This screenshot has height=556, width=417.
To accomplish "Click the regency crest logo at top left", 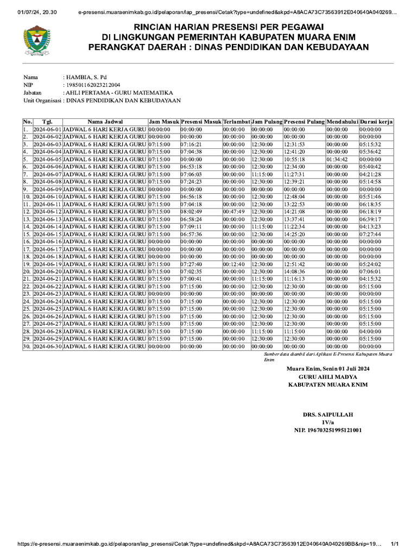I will click(x=37, y=41).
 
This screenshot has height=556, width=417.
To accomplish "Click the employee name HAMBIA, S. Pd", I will click(x=86, y=77).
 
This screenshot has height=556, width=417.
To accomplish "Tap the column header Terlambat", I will click(x=236, y=122).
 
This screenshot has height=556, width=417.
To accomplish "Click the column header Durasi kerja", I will click(x=376, y=122).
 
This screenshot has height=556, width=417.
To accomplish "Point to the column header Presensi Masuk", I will click(x=201, y=122).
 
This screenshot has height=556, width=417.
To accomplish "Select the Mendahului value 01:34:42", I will click(x=337, y=159).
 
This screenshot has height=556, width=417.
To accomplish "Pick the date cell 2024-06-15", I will click(x=48, y=233).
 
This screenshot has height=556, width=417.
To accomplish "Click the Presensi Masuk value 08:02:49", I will click(x=191, y=211).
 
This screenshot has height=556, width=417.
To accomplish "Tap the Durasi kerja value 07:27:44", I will click(x=370, y=233).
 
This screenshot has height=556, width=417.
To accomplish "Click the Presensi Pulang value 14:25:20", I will click(x=294, y=233).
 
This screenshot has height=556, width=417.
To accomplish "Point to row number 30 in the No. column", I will click(x=27, y=346).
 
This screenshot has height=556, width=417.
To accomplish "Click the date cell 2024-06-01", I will click(x=48, y=130).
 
